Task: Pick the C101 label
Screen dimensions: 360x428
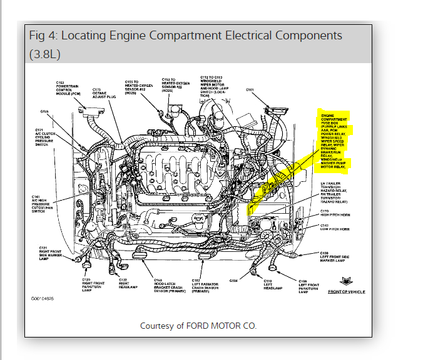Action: pyautogui.click(x=250, y=90)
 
